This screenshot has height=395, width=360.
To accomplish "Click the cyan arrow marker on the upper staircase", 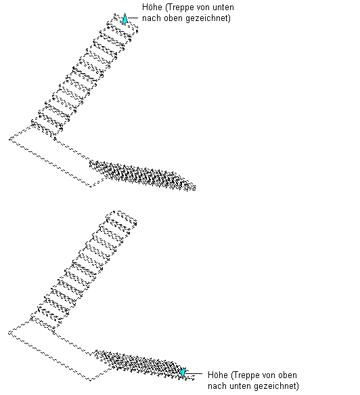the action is pyautogui.click(x=125, y=19).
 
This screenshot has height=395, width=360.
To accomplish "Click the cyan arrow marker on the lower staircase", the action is pyautogui.click(x=183, y=373).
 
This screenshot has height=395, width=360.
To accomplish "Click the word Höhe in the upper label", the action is pyautogui.click(x=152, y=7).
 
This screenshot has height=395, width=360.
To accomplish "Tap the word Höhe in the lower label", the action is pyautogui.click(x=218, y=375).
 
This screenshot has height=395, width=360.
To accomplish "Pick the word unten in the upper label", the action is pyautogui.click(x=223, y=7).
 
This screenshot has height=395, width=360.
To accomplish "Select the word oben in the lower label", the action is pyautogui.click(x=288, y=375).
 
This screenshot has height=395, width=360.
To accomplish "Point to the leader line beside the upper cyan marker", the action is pyautogui.click(x=133, y=18).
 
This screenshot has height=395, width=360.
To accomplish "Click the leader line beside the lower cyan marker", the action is pyautogui.click(x=194, y=373).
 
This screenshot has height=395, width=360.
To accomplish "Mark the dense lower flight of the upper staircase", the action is pyautogui.click(x=142, y=175).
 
